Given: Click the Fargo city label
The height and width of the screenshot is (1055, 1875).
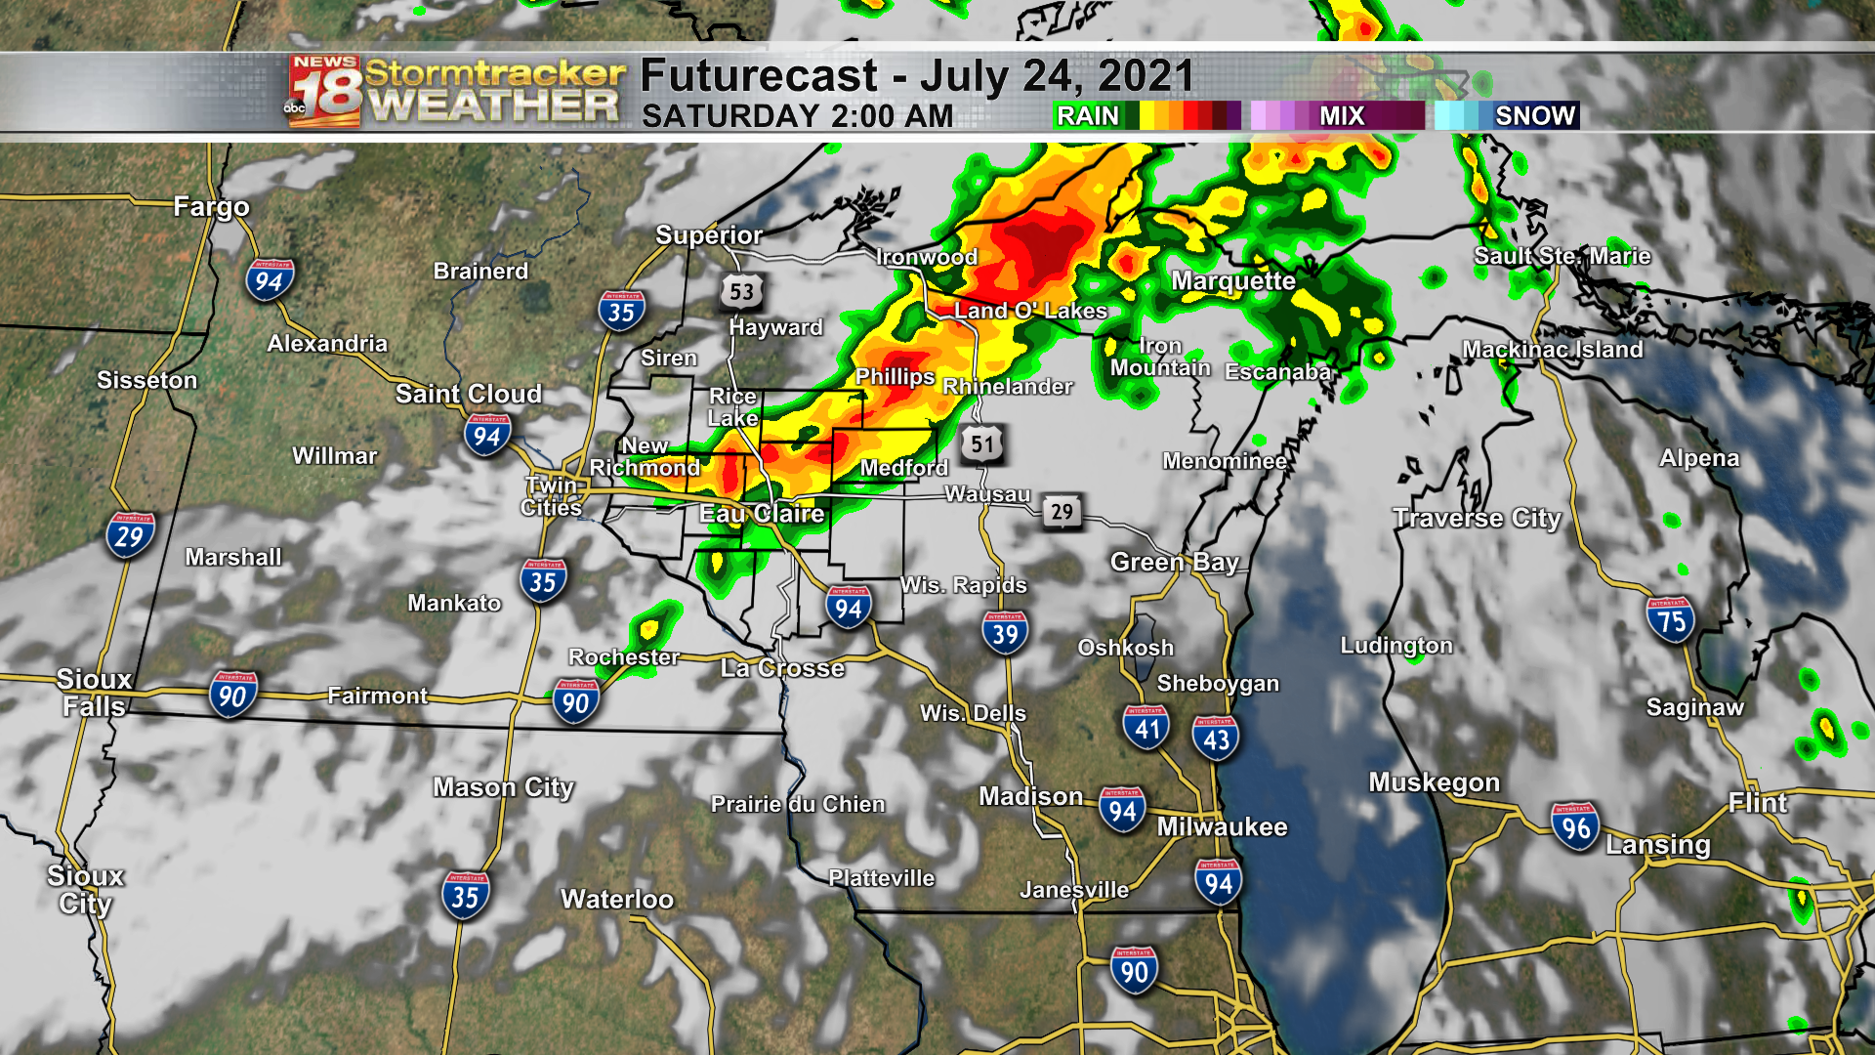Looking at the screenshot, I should [211, 207].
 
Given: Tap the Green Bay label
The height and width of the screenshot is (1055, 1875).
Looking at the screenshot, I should [1174, 563].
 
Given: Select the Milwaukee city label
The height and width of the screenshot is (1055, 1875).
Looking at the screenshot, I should [1222, 827].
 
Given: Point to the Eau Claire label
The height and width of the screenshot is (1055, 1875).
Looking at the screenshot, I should [762, 514].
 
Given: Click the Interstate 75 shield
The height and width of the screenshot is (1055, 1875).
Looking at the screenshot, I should [1670, 620].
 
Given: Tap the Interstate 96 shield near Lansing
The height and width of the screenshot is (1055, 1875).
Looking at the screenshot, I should [1575, 826].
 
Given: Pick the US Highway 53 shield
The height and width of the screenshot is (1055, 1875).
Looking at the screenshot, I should [741, 291].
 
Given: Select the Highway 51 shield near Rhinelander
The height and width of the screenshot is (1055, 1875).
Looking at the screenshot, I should [981, 443].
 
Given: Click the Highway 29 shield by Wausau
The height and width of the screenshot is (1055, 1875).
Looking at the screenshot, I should [1062, 511].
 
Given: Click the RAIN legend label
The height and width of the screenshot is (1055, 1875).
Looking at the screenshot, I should [1087, 116].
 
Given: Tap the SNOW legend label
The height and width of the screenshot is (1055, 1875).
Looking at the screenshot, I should [1534, 116].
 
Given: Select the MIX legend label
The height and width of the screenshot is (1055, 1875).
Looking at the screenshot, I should [1342, 116].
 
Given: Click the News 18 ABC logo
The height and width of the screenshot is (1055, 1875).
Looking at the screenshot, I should [325, 92].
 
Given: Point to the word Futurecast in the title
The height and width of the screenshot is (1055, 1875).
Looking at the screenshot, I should [759, 76].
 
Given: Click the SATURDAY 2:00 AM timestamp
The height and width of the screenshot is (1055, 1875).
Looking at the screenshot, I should [797, 116].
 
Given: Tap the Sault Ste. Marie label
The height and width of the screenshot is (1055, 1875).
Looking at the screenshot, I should [1562, 256].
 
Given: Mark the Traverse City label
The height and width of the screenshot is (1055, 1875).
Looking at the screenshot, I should [1477, 519].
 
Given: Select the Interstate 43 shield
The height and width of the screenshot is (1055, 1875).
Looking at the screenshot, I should [1216, 738].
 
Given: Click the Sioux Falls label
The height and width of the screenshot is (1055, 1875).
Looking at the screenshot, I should [94, 693].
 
